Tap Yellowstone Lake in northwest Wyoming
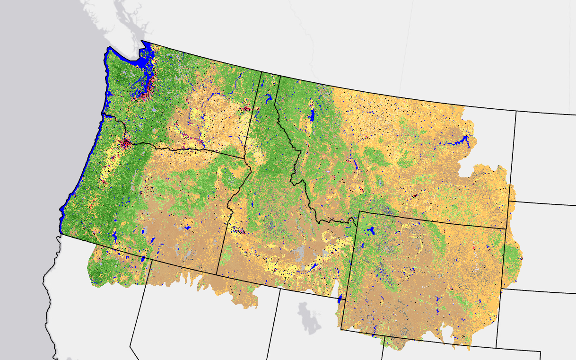click(371, 231)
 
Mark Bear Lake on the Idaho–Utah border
click(340, 299)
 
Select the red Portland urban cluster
click(125, 141)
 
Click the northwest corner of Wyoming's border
click(359, 211)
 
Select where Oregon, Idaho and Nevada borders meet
click(217, 274)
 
